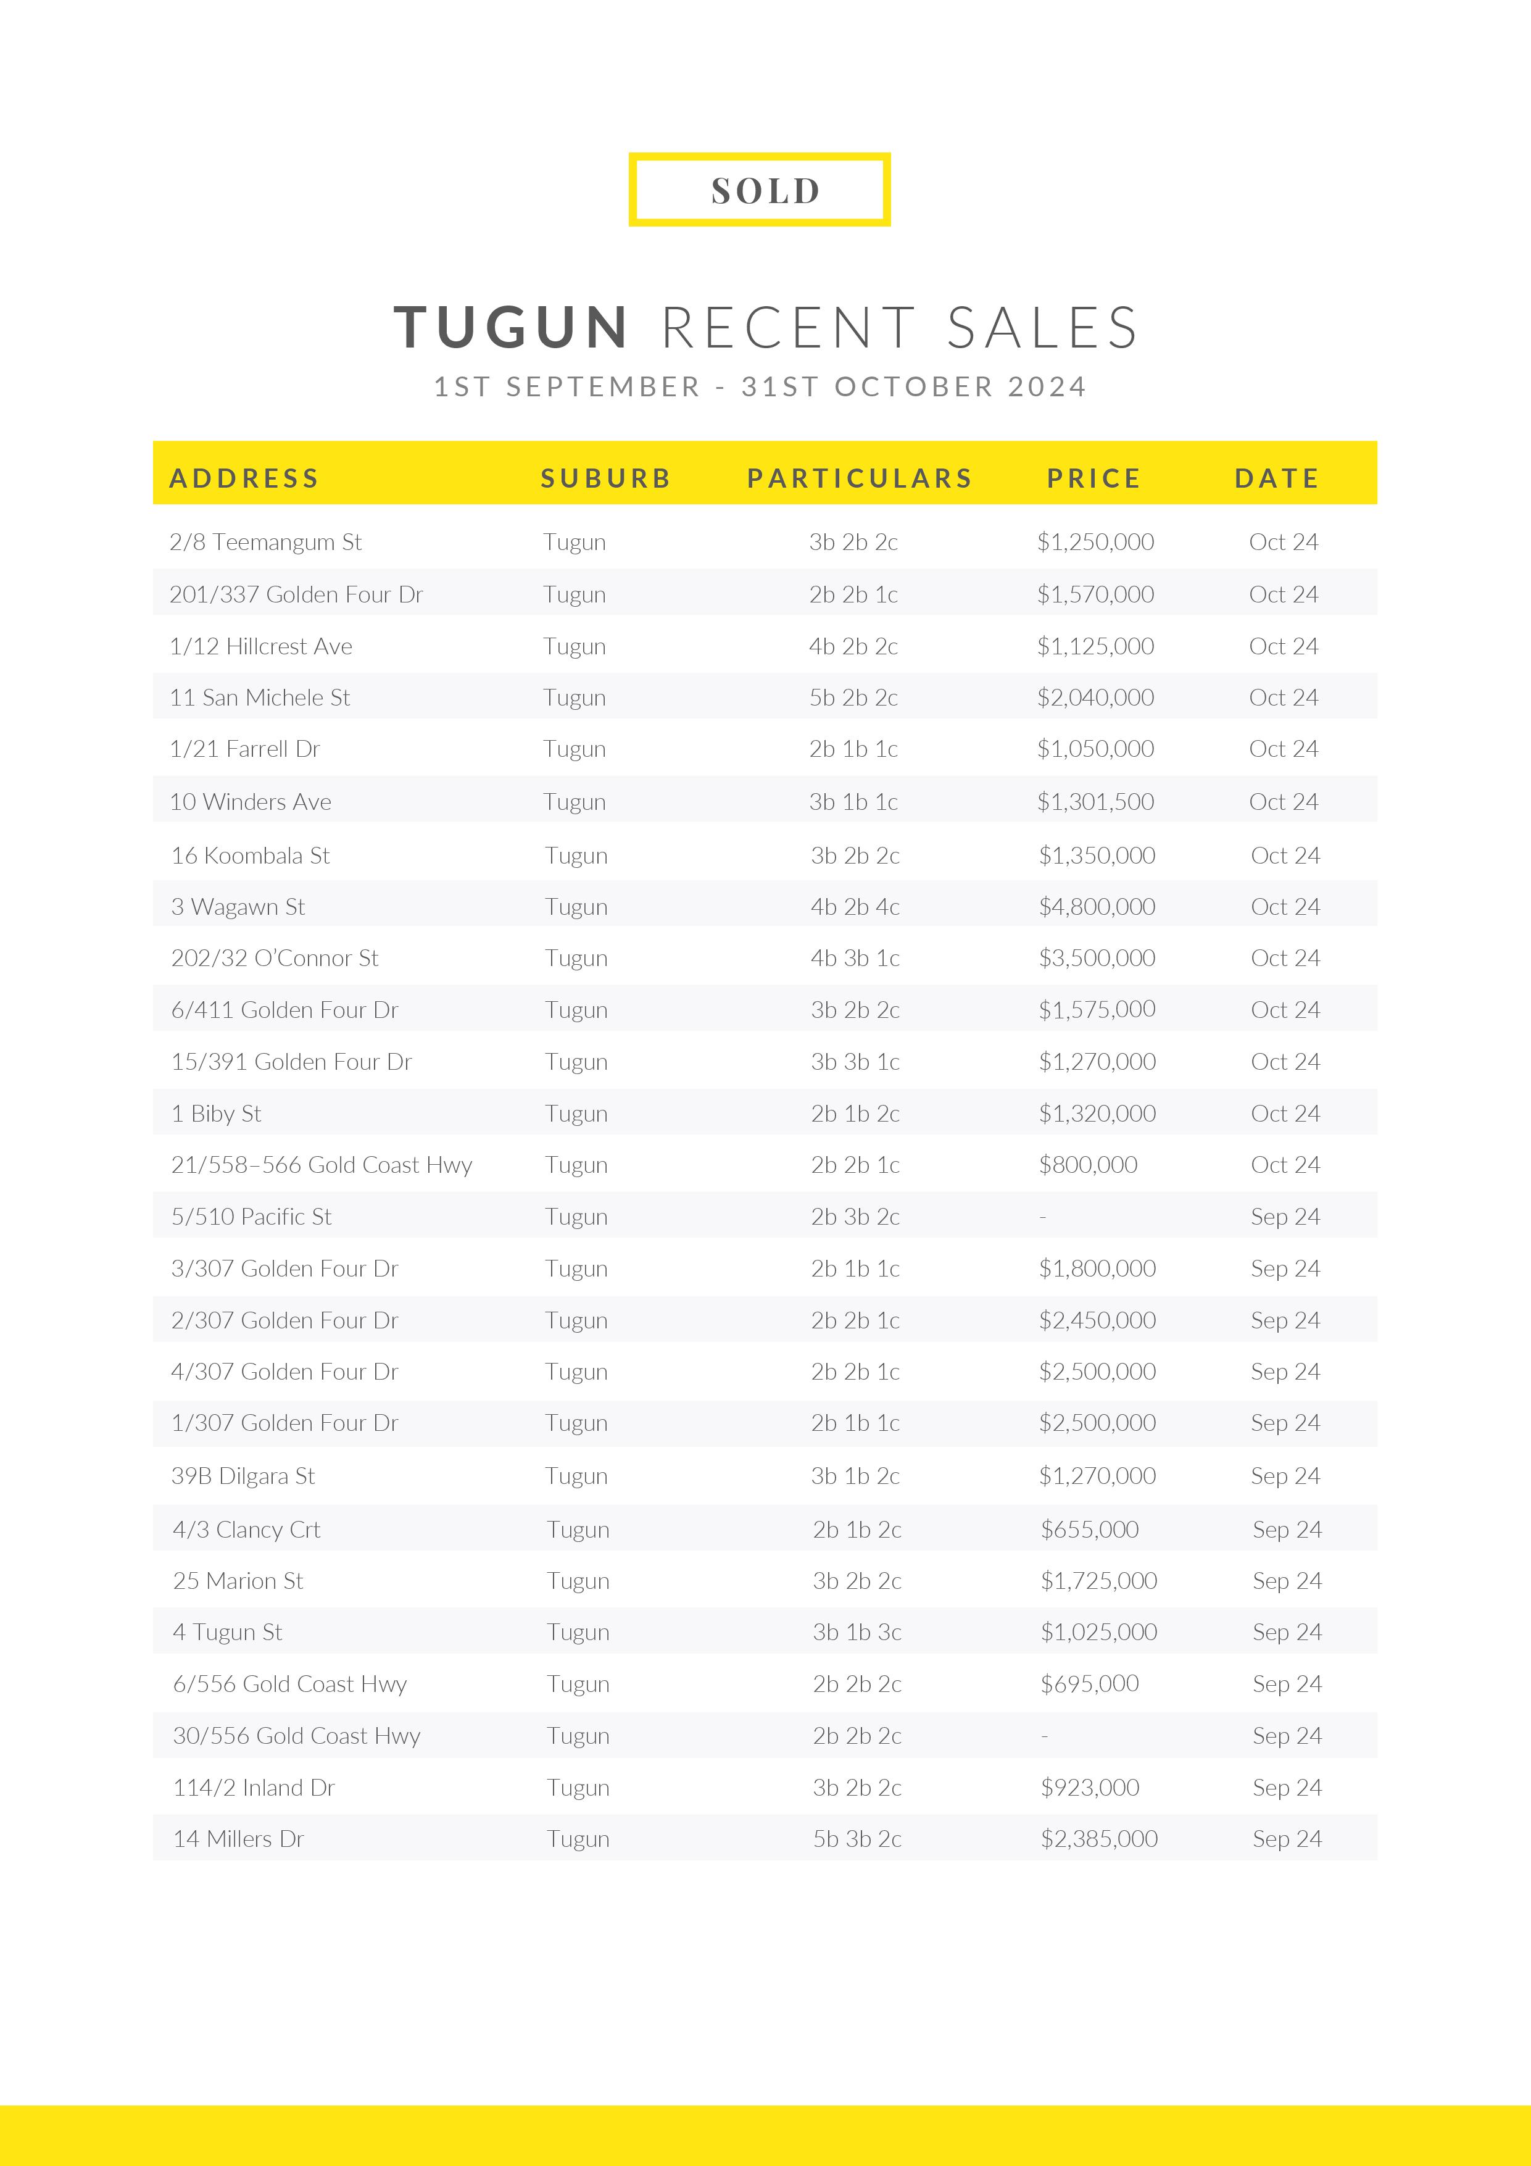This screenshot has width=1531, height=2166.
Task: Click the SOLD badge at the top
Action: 760,190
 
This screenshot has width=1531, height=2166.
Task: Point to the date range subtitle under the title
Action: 760,387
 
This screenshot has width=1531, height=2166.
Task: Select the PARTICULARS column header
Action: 860,478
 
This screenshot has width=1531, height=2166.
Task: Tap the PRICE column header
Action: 1093,478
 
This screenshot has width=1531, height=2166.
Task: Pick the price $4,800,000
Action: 1097,907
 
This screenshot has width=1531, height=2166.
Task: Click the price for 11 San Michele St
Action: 1095,697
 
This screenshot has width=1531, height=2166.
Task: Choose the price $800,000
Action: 1088,1165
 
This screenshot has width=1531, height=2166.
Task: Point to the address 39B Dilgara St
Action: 243,1475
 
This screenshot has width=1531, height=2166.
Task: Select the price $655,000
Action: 1090,1529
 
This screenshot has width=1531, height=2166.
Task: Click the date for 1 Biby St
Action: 1285,1113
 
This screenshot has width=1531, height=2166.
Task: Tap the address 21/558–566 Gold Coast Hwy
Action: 322,1165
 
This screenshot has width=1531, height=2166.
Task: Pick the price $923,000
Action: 1090,1787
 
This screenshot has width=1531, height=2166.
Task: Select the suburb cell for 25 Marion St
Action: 578,1581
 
